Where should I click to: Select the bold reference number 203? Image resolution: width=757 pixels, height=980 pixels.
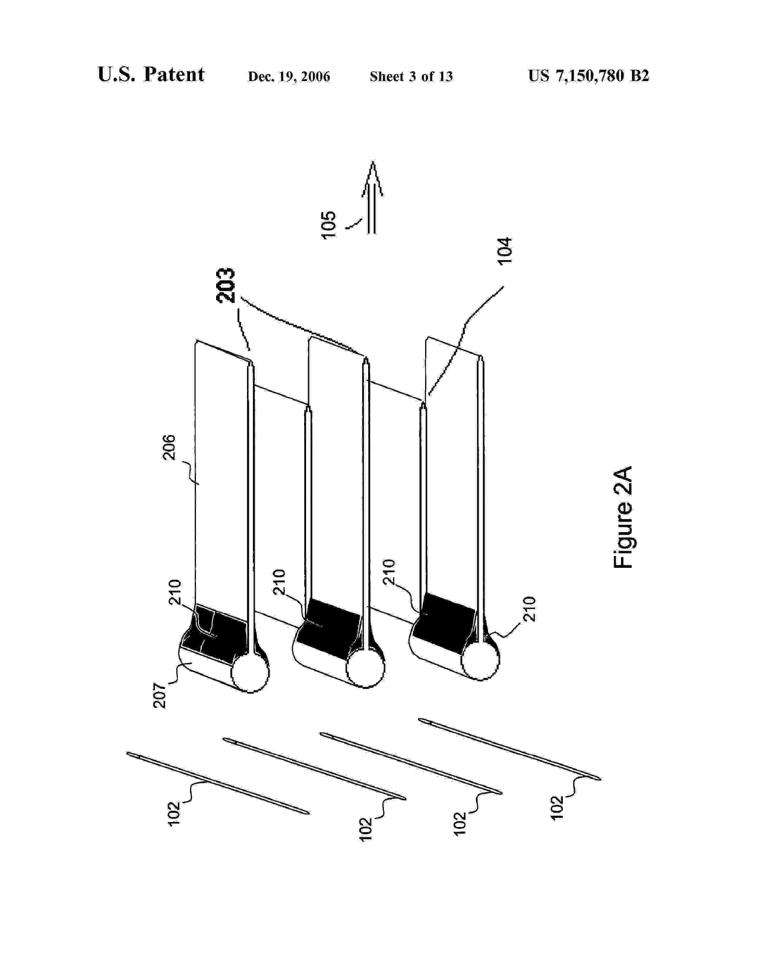225,285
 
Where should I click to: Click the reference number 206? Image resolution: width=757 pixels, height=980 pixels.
170,447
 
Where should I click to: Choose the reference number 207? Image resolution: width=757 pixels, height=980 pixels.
160,695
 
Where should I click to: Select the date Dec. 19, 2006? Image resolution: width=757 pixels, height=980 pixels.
289,77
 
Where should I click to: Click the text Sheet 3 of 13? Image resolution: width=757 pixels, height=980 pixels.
411,77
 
